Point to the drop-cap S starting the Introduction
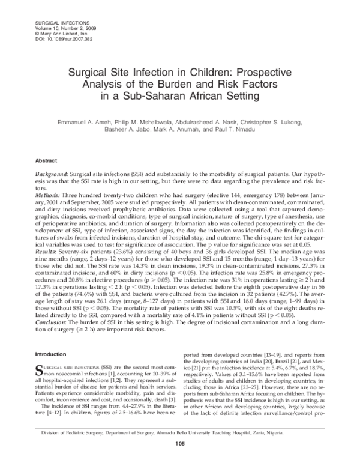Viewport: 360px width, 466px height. [40, 368]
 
